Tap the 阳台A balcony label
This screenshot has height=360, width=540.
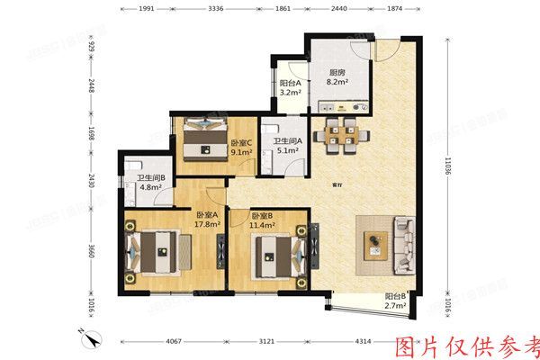point(290,86)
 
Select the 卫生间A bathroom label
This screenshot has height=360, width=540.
point(287,145)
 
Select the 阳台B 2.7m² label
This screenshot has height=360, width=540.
point(396,301)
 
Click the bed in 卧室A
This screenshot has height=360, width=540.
point(166,251)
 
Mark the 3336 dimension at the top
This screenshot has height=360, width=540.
point(215,7)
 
